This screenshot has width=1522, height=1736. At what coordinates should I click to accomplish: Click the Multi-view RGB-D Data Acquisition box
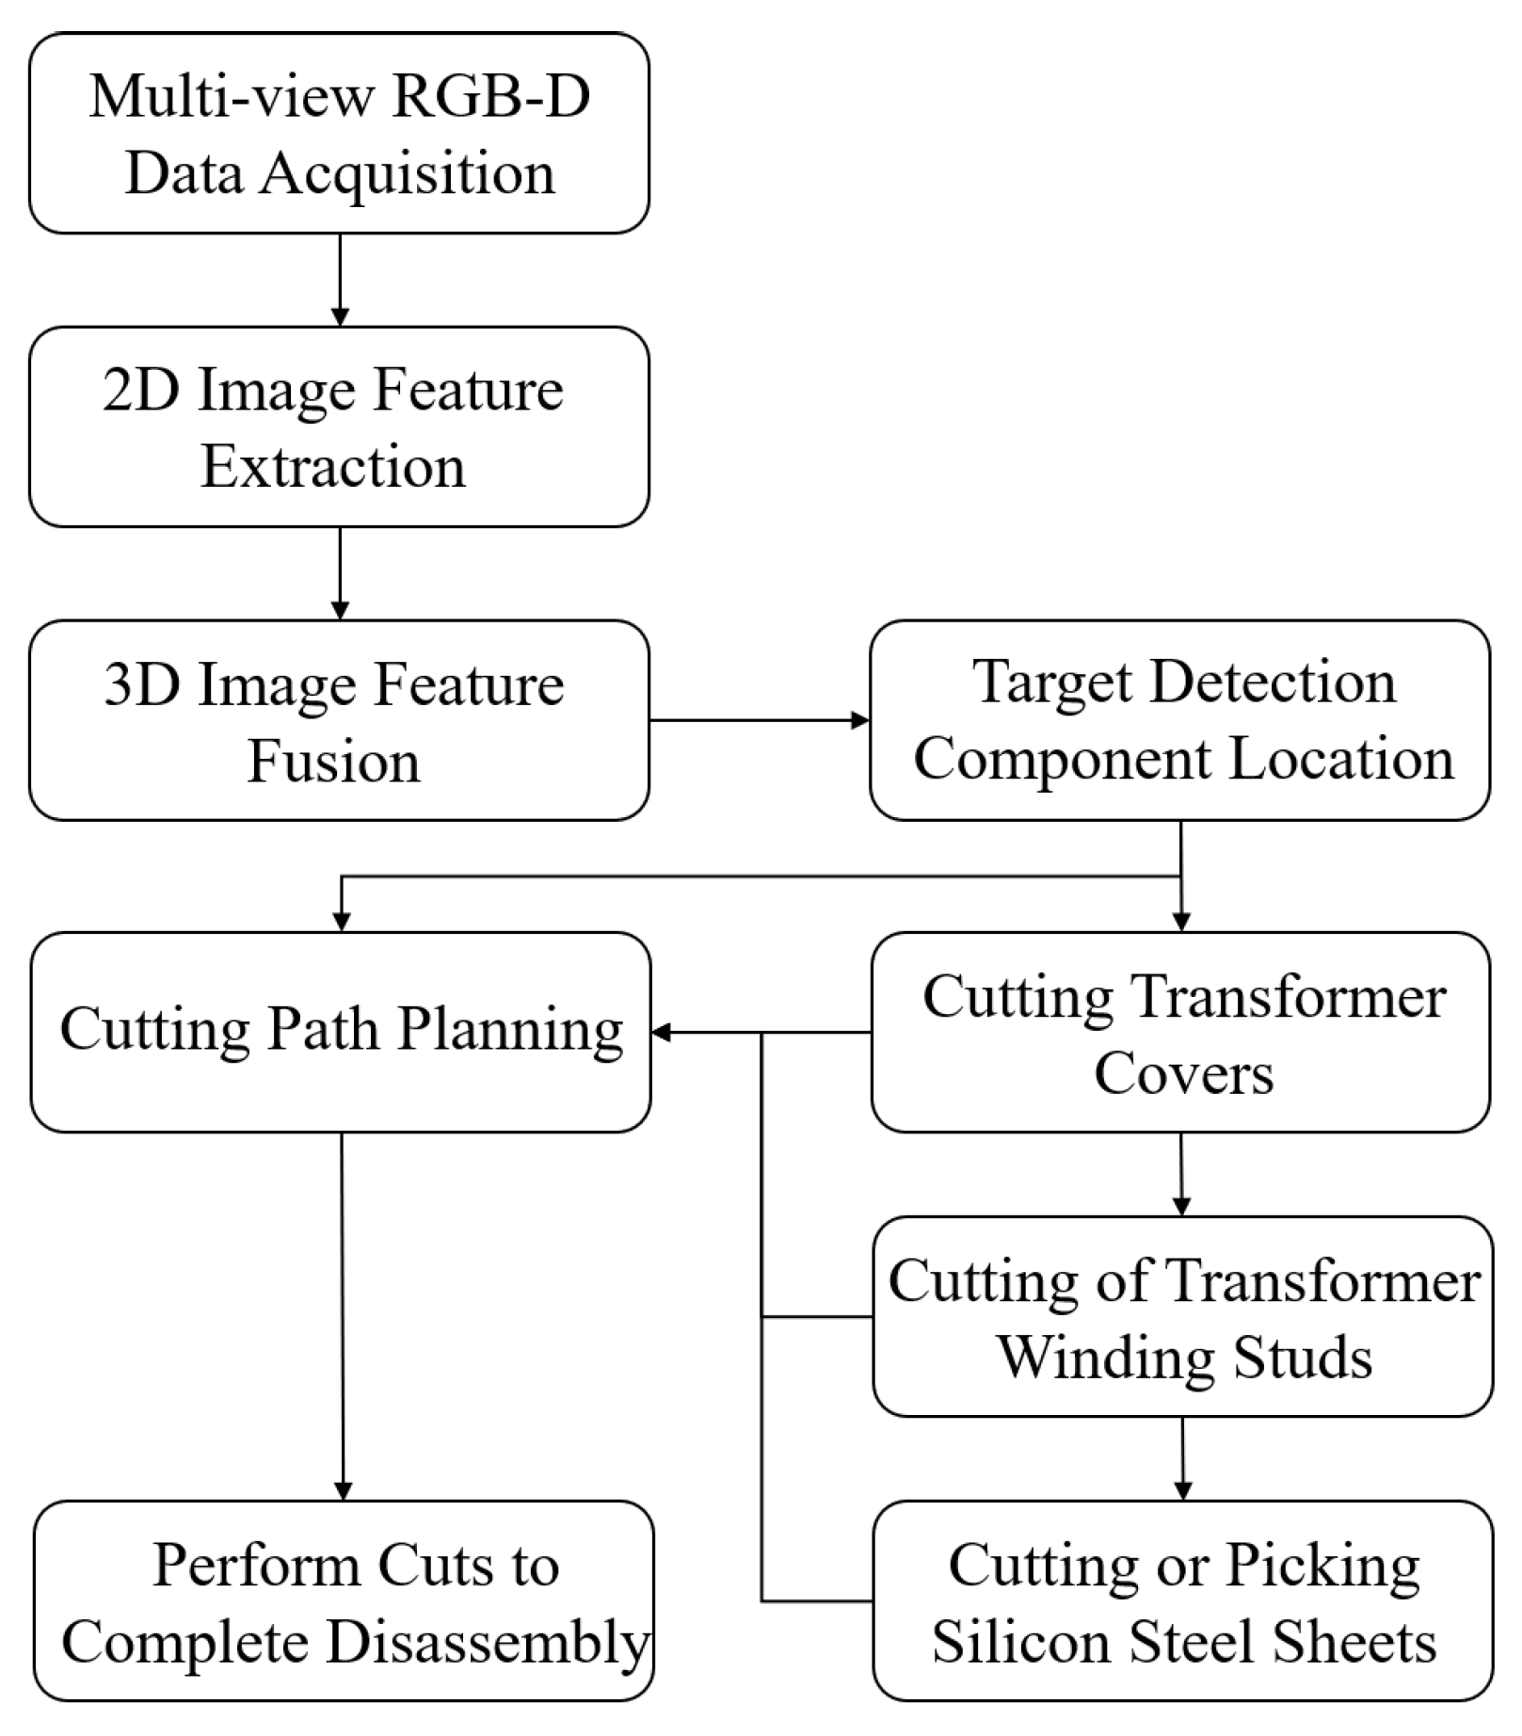(x=339, y=134)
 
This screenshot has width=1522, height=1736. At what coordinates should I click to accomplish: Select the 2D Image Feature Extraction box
(x=339, y=426)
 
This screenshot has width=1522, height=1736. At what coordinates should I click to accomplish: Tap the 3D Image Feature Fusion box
(x=339, y=720)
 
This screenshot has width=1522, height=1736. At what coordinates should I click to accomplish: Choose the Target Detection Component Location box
(x=1179, y=720)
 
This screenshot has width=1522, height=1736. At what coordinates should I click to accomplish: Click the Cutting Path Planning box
(x=341, y=1032)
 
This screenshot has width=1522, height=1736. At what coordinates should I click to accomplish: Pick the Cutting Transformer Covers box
(x=1180, y=1032)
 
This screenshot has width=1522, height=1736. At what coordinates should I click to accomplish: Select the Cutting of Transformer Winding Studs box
(x=1182, y=1316)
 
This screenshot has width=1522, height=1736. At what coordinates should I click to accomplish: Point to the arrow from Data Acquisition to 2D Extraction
(x=340, y=280)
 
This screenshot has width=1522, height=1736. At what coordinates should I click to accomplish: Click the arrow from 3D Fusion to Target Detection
(x=759, y=720)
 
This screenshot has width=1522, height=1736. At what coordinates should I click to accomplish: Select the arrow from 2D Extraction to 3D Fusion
(x=340, y=572)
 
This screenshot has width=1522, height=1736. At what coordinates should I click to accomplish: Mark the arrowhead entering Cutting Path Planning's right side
(x=661, y=1033)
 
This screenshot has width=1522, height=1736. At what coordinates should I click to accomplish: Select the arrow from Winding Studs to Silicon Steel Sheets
(x=1182, y=1458)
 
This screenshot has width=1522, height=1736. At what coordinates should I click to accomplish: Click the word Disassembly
(x=488, y=1642)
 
